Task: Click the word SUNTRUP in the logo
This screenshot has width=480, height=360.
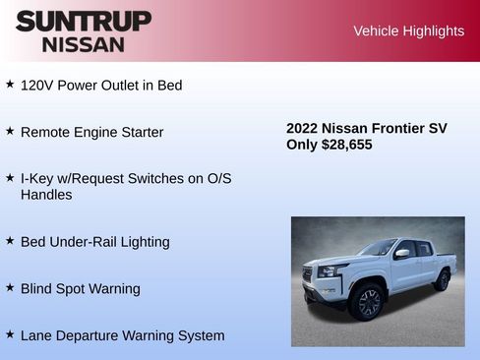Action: (x=83, y=21)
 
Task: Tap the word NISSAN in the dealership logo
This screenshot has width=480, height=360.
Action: (x=83, y=44)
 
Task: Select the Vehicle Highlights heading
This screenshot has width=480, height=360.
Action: (x=408, y=31)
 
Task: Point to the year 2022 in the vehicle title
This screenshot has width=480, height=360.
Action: (x=302, y=128)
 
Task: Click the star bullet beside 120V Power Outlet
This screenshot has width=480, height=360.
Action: (x=10, y=85)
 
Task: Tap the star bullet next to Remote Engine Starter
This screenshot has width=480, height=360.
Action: (x=10, y=131)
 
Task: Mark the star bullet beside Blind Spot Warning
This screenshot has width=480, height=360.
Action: (x=10, y=287)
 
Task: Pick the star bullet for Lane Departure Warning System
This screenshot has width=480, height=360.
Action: (x=10, y=334)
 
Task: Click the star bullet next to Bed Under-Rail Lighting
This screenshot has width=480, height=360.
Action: (x=10, y=240)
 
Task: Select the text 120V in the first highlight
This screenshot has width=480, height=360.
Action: (x=36, y=86)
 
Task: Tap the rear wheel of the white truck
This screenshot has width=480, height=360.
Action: (x=442, y=280)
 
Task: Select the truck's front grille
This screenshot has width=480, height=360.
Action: (x=321, y=278)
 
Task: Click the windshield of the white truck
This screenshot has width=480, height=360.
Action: (x=379, y=248)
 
